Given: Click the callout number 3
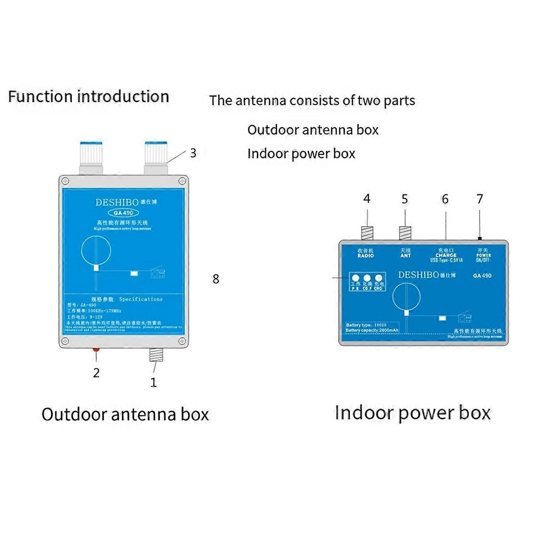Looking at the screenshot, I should point(193,153).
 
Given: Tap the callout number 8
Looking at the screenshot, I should point(216,279).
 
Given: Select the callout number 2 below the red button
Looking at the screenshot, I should point(96,373).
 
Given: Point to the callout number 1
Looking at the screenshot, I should point(153,382).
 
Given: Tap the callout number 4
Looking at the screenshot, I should point(367,198).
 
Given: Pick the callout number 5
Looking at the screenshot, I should point(405,199).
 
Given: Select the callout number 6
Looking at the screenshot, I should point(445,199).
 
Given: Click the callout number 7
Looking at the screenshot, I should point(480,198).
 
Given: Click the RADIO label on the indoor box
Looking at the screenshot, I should point(365,255).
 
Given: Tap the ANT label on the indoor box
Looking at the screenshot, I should point(405,255).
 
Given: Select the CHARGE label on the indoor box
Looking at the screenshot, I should point(445,255).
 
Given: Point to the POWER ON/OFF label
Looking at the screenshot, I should point(483,257).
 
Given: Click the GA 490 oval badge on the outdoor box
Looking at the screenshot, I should point(124,213).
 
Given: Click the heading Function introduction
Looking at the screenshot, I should point(89,96).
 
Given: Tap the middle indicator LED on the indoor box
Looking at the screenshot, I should point(367,279).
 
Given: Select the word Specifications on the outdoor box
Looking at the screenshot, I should point(141,299).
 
